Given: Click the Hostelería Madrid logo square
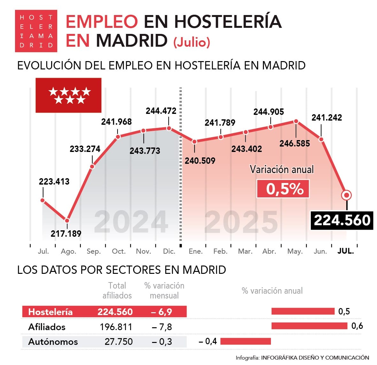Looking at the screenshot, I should click(36, 31).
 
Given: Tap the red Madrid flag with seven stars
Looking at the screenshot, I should click(68, 95).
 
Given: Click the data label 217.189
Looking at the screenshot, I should click(66, 234).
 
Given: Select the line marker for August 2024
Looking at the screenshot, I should click(67, 220).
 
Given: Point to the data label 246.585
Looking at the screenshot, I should click(295, 143).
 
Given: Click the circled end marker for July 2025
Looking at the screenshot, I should click(346, 195).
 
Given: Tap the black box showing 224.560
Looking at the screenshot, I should click(342, 220).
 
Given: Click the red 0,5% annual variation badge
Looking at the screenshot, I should click(283, 189).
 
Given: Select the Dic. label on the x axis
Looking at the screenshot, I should click(169, 251).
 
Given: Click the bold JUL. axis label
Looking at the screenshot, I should click(346, 251).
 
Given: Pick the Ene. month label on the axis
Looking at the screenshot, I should click(196, 251).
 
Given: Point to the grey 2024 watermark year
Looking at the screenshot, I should click(131, 222).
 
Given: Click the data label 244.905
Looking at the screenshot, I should click(268, 112).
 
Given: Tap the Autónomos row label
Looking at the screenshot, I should click(53, 342).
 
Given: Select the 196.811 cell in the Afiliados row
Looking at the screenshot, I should click(116, 327).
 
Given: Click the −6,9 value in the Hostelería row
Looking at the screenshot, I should click(161, 312).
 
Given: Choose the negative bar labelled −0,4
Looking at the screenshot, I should click(245, 341).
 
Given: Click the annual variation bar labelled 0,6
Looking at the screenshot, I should click(309, 326).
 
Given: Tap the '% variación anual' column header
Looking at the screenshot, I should click(272, 291).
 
